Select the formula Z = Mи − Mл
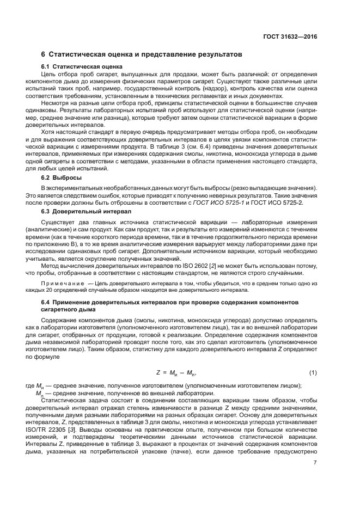coord(176,373)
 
